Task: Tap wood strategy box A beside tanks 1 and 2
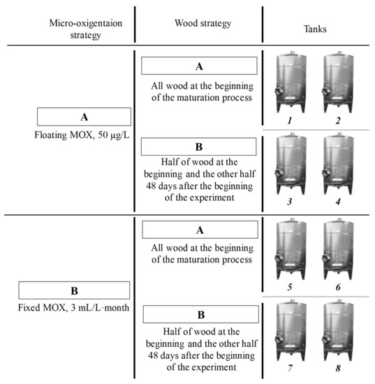199,66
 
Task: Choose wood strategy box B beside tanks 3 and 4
199,147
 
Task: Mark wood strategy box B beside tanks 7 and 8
199,314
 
